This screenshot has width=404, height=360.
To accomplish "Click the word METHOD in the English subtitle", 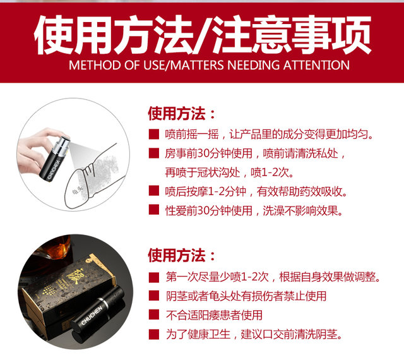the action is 95,65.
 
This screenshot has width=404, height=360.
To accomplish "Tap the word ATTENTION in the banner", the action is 316,65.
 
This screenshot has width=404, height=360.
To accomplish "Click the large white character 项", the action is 351,35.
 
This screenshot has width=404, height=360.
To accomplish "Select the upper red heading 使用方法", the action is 177,114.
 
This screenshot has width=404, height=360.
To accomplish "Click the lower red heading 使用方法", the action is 177,255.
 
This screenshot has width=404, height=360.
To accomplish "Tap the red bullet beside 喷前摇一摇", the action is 154,135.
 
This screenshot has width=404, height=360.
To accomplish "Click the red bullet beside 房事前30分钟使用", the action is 154,153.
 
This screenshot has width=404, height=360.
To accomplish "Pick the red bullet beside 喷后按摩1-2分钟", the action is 154,191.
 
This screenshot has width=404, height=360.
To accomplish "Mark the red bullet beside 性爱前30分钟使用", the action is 154,210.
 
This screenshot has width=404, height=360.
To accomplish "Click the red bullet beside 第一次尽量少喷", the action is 154,277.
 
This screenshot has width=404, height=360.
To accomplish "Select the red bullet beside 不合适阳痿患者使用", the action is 154,315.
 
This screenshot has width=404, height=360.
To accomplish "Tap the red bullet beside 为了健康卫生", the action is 154,334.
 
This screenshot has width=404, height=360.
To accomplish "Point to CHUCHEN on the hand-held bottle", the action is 54,170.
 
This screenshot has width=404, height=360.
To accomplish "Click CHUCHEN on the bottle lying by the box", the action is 92,315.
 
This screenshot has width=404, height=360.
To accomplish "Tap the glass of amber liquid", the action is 56,248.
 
